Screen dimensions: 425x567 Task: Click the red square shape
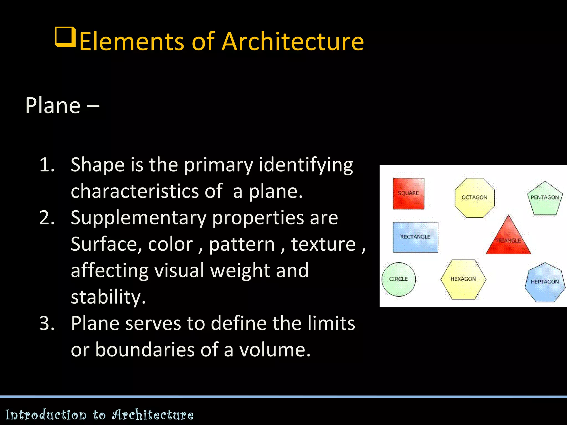(x=408, y=193)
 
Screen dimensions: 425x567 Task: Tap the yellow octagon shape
(x=474, y=198)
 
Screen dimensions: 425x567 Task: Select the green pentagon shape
(x=545, y=199)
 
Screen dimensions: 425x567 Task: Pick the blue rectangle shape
(x=415, y=237)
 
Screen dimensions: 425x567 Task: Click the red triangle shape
(x=508, y=239)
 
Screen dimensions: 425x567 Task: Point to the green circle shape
(x=398, y=279)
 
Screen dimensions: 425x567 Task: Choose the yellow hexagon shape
(x=463, y=279)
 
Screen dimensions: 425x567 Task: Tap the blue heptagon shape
(x=545, y=282)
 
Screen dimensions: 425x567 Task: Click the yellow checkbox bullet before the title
(x=66, y=37)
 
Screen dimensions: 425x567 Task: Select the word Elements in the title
(x=132, y=42)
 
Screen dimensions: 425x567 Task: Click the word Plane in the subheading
(x=53, y=105)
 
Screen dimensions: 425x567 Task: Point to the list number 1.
(x=47, y=165)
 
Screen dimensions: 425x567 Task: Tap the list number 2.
(x=47, y=218)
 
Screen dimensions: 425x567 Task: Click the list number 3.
(x=47, y=323)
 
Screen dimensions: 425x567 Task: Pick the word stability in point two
(x=108, y=297)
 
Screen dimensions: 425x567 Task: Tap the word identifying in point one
(x=306, y=165)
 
